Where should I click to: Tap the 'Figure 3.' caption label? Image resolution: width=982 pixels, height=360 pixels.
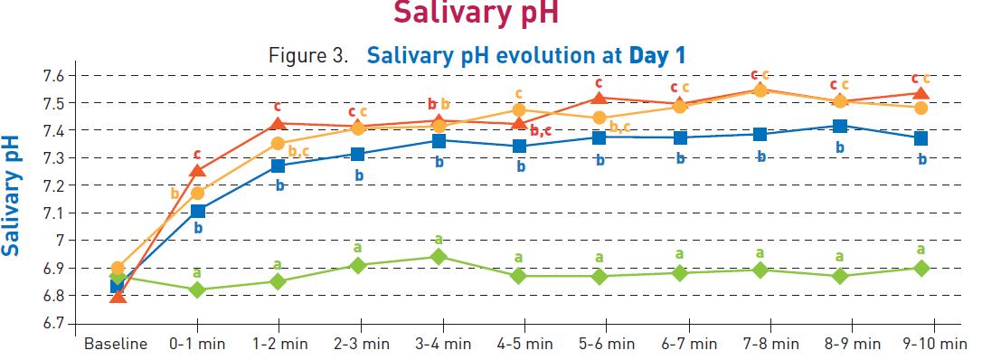[x=309, y=54]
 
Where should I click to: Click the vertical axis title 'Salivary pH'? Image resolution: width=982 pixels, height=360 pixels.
[x=12, y=197]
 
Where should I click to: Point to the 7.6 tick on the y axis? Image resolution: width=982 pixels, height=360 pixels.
[x=54, y=76]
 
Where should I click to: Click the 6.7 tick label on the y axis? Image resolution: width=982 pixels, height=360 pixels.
[x=54, y=324]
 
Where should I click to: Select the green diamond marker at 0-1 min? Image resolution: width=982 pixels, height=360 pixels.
[x=198, y=290]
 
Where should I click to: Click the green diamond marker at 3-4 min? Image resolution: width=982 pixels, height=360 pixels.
[x=439, y=257]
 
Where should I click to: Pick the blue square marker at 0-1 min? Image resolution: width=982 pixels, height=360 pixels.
[x=198, y=211]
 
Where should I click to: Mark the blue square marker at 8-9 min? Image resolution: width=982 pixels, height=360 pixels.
[x=840, y=127]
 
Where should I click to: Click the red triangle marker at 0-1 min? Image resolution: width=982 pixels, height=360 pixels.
[x=198, y=170]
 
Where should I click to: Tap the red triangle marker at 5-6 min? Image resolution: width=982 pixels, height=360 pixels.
[x=600, y=98]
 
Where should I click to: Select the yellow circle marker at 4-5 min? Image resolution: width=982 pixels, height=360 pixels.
[x=519, y=110]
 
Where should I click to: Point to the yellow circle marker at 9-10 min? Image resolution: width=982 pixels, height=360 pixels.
[x=921, y=108]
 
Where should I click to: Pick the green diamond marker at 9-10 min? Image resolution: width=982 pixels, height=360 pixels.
[x=921, y=268]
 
